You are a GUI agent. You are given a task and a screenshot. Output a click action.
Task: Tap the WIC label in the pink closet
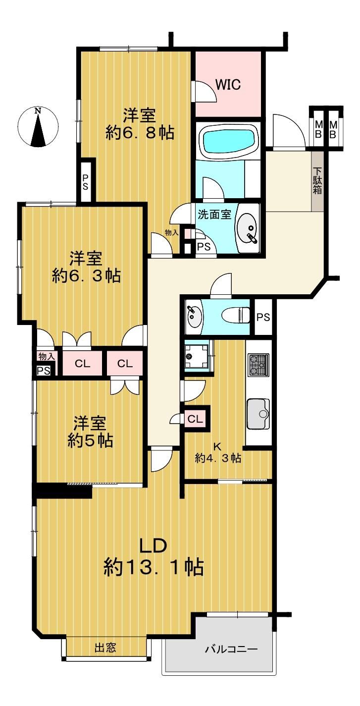point(228,84)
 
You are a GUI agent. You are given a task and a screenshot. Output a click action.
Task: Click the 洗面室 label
point(214,215)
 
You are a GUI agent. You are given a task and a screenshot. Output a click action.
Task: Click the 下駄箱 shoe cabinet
point(317,182)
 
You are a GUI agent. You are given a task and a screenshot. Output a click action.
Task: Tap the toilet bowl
point(236,315)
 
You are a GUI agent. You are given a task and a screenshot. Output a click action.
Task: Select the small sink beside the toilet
point(194,317)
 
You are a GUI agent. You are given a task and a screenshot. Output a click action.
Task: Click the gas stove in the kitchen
point(258,365)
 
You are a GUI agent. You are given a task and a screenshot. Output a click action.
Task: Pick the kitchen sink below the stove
point(258,414)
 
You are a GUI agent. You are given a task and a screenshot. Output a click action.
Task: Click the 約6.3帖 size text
point(86,276)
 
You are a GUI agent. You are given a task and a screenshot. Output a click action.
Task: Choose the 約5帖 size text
point(91,441)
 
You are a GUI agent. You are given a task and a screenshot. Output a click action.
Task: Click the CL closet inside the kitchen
point(195,419)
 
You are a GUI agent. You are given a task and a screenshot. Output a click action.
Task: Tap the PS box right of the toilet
point(263,317)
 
